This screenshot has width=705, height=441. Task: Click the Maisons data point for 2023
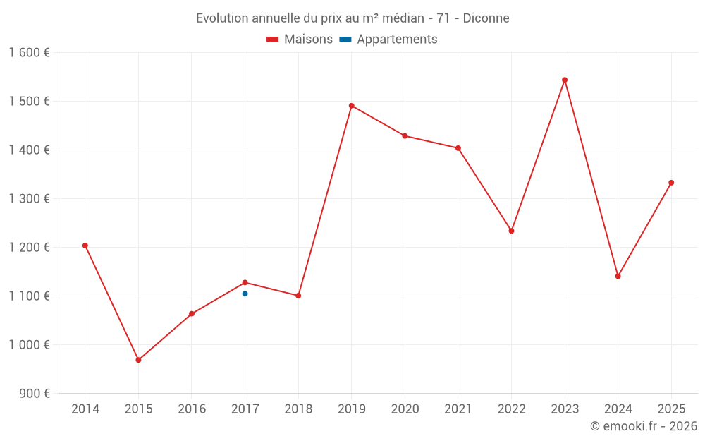point(565,80)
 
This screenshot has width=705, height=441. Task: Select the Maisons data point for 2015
point(138,360)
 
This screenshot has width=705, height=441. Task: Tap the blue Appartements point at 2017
point(245,294)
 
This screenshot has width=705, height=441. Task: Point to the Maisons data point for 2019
point(352,106)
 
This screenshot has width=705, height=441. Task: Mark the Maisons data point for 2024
point(618,276)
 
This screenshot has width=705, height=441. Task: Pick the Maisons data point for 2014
point(85,246)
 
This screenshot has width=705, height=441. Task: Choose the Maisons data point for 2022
point(511,231)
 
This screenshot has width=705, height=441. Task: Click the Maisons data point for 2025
point(671,183)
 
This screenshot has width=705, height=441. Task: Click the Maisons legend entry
point(300,40)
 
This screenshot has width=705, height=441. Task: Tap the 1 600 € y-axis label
point(29,53)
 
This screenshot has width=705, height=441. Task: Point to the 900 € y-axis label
point(34,394)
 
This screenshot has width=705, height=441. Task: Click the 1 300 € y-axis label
point(29,199)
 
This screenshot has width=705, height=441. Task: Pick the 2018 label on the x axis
point(298,409)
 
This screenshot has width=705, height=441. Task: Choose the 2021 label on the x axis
point(458,409)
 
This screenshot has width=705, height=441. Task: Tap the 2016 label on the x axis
point(192,409)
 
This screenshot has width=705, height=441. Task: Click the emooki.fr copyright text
point(644,426)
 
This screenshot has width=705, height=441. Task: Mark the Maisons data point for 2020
point(405,136)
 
